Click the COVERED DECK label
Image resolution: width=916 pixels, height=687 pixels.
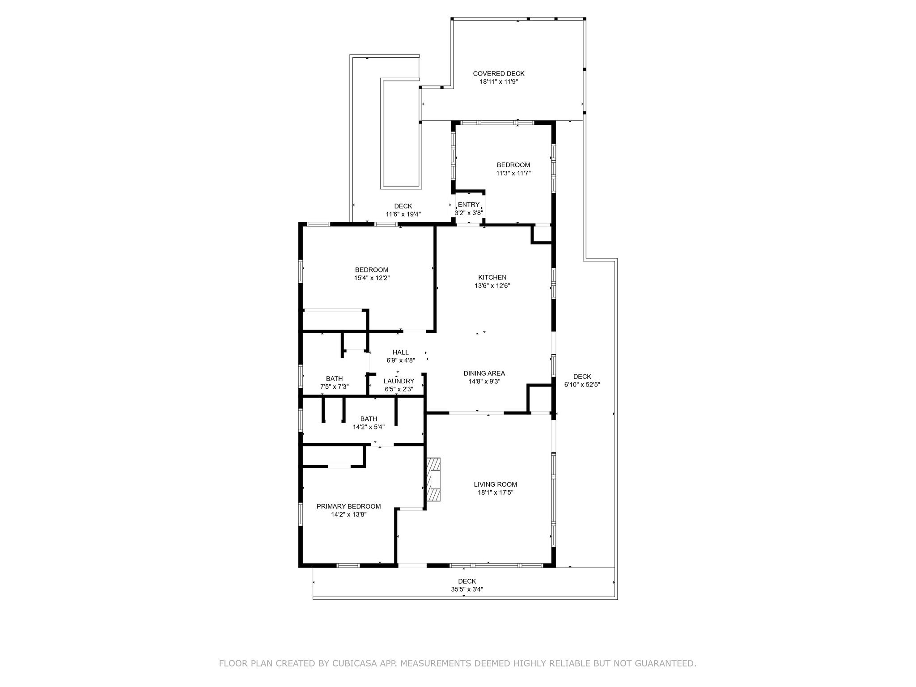499,74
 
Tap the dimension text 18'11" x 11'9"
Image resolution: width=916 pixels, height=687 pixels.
499,82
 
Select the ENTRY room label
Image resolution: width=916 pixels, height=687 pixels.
469,205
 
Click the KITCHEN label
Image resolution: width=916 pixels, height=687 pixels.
492,278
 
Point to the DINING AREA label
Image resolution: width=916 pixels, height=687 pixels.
484,373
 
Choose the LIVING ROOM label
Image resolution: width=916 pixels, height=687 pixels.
495,484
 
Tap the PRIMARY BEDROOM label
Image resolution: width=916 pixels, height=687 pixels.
348,506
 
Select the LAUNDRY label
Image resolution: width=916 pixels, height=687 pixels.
399,382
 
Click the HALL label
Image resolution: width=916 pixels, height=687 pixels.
400,352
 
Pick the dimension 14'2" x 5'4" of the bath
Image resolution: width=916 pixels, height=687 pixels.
369,427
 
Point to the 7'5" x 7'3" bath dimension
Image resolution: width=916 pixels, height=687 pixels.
334,387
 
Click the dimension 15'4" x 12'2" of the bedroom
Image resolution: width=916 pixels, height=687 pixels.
372,278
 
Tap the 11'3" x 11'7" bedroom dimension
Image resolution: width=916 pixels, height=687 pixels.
513,173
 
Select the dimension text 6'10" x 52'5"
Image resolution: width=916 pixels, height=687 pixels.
582,385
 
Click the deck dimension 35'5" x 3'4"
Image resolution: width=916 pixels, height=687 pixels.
466,589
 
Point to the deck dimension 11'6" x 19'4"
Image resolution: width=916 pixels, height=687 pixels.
403,214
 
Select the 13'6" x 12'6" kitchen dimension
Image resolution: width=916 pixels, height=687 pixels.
492,286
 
